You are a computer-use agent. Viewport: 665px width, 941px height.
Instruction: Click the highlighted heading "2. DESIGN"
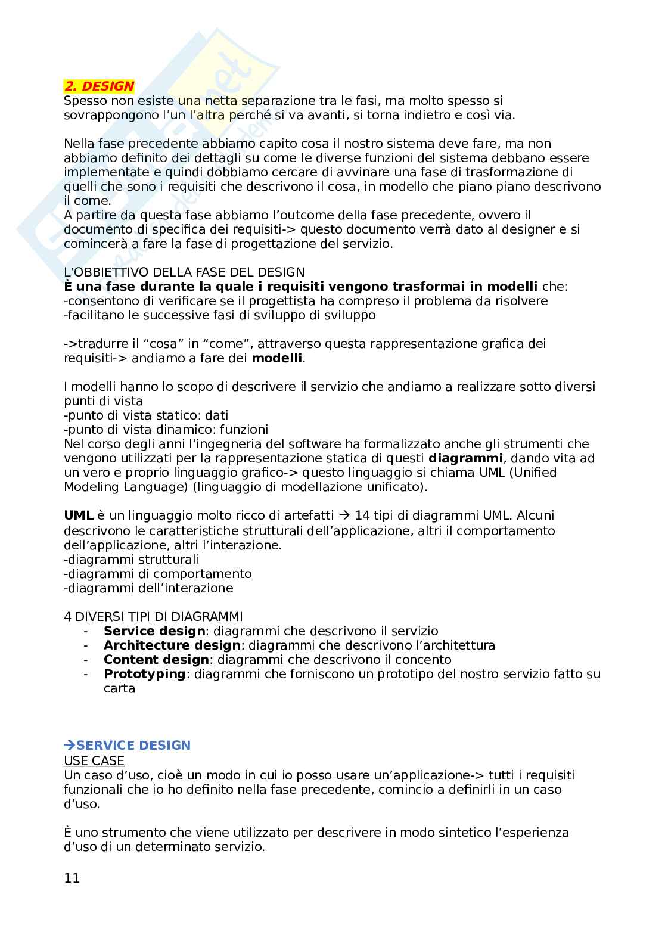point(100,86)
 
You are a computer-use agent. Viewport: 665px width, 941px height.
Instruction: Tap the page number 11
point(72,878)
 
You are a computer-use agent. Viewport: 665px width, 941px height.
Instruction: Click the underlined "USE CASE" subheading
point(94,760)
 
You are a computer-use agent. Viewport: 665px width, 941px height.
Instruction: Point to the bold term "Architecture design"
point(172,645)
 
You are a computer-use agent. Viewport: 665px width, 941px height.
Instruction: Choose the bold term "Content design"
point(156,660)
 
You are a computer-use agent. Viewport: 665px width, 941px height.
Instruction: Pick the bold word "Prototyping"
point(145,674)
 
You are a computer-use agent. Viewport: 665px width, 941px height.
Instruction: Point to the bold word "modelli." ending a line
point(278,358)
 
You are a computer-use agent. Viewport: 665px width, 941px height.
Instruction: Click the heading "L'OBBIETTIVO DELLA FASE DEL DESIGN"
point(184,272)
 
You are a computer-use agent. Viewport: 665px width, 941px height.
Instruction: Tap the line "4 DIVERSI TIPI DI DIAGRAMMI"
point(153,616)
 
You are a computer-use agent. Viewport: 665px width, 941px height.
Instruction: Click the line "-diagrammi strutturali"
point(131,559)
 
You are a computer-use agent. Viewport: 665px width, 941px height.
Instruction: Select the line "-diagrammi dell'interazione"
point(148,588)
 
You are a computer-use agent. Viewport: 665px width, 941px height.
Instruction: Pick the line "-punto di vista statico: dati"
point(146,415)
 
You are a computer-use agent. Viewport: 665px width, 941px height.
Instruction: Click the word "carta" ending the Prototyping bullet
point(119,688)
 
